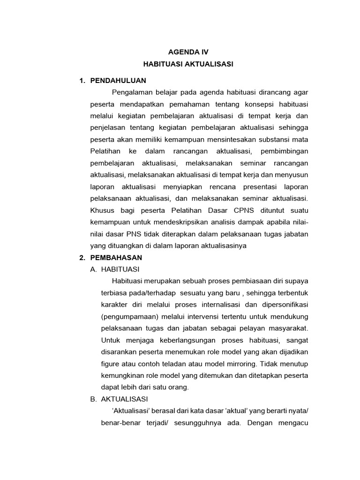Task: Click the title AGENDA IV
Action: pyautogui.click(x=188, y=52)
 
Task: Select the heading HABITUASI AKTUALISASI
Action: pyautogui.click(x=188, y=64)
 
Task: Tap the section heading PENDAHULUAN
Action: pyautogui.click(x=118, y=80)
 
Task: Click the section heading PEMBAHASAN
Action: pyautogui.click(x=116, y=257)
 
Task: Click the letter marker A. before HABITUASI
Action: pyautogui.click(x=93, y=269)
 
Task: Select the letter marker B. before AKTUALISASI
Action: pyautogui.click(x=93, y=399)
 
